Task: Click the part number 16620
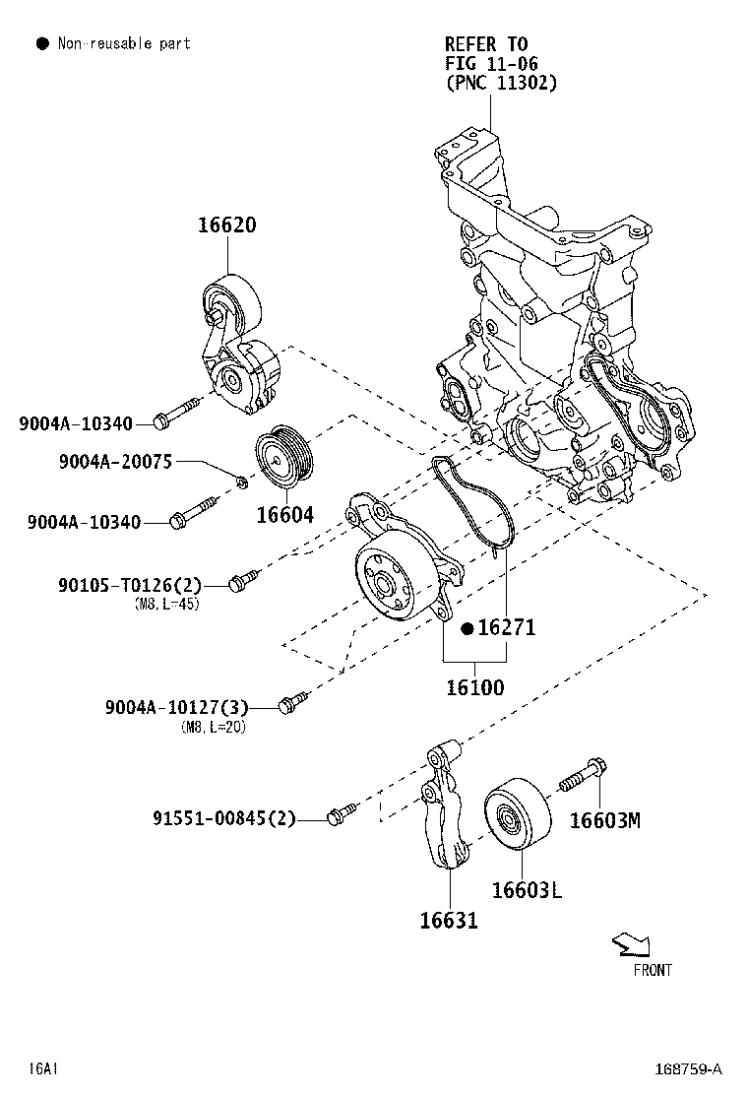[x=226, y=225]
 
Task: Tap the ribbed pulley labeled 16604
[x=283, y=459]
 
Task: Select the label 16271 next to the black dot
[x=506, y=627]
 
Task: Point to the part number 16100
[x=474, y=687]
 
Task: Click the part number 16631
[x=449, y=921]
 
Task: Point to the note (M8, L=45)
[x=166, y=605]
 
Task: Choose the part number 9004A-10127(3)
[x=176, y=707]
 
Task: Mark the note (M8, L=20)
[x=214, y=728]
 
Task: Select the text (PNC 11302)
[x=501, y=83]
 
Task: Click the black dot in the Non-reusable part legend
[x=41, y=43]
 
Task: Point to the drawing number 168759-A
[x=690, y=1068]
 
